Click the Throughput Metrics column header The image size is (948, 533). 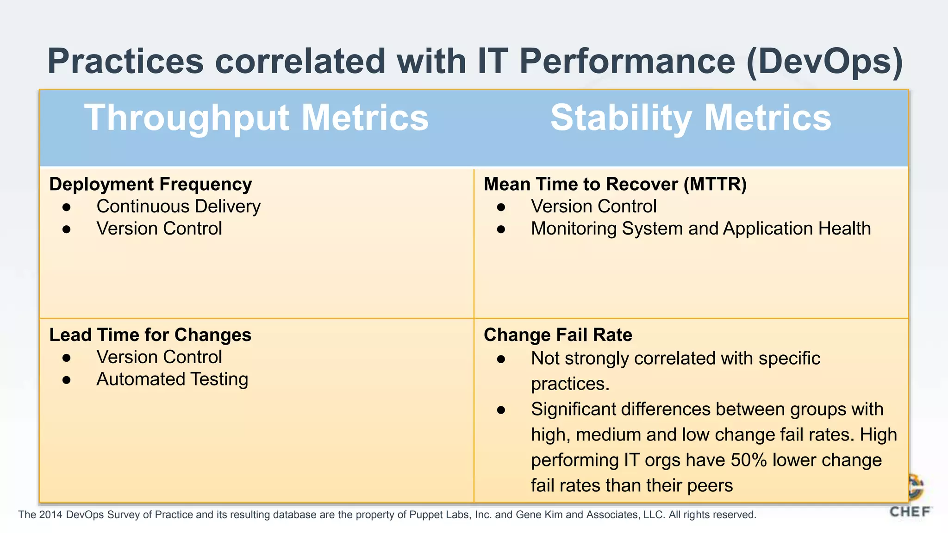coord(256,118)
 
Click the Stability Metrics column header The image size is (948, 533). coord(691,118)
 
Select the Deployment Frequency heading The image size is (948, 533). coord(150,184)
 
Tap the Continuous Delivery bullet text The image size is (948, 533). coord(178,206)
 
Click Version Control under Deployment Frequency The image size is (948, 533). coord(159,229)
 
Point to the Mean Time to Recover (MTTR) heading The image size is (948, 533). coord(615,184)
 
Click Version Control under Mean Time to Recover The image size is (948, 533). coord(593,206)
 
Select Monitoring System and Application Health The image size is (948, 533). coord(700,229)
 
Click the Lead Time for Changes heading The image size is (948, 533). coord(150,335)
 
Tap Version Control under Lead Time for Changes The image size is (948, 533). coord(159,357)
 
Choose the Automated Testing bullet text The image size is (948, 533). coord(172,379)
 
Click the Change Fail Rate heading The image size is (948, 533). coord(558,335)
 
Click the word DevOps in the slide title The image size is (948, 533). coord(824,61)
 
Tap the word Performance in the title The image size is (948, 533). coord(627,61)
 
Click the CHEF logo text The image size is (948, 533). coord(910,512)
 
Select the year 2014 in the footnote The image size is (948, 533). coord(50,515)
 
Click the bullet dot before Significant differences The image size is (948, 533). coord(501,410)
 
